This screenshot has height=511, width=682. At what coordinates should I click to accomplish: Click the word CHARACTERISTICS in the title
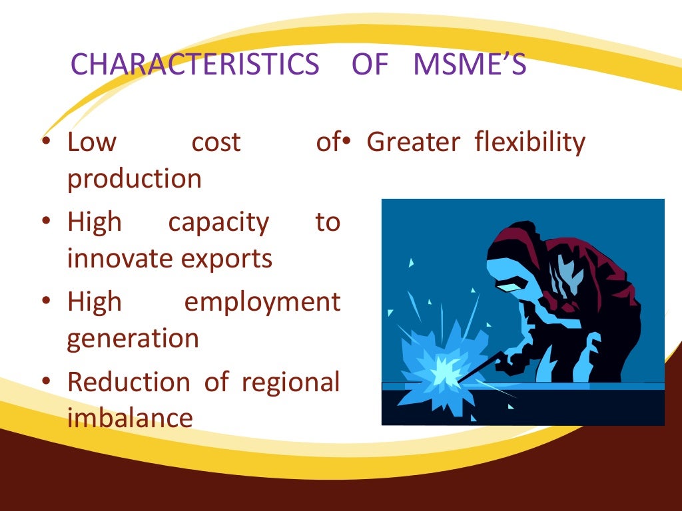(x=194, y=65)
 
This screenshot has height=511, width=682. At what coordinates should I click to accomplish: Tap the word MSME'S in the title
(x=470, y=65)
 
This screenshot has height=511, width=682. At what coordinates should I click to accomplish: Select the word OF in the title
(x=369, y=65)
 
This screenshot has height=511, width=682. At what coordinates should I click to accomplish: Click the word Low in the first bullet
(x=92, y=142)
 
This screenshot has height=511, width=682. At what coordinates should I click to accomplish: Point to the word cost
(x=216, y=142)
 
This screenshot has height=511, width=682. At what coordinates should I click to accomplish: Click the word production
(x=134, y=180)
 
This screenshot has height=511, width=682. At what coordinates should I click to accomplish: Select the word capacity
(x=218, y=222)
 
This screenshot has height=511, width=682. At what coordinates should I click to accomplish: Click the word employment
(x=262, y=302)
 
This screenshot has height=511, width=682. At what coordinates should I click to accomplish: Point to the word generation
(x=133, y=339)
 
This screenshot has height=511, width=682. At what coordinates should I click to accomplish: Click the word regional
(x=290, y=383)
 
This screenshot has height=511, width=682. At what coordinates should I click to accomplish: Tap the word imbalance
(x=130, y=418)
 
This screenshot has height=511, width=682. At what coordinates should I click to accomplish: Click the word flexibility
(x=530, y=142)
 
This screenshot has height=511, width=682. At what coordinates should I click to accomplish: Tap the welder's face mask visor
(x=509, y=287)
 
